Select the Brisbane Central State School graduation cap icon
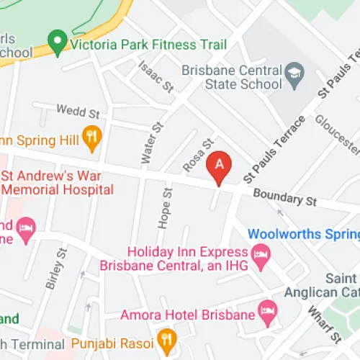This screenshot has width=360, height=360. (x=294, y=73)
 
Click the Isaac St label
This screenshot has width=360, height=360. (x=157, y=77)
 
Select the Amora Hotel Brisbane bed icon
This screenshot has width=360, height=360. (x=269, y=313)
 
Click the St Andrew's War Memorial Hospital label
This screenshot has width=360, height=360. (x=58, y=182)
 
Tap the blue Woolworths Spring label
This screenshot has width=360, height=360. (x=303, y=235)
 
